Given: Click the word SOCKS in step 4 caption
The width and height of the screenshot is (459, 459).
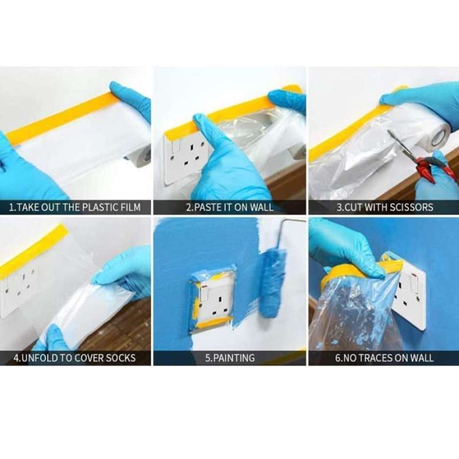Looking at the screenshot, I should click(119, 358).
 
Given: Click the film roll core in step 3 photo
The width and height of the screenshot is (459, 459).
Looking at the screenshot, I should click(439, 137).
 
